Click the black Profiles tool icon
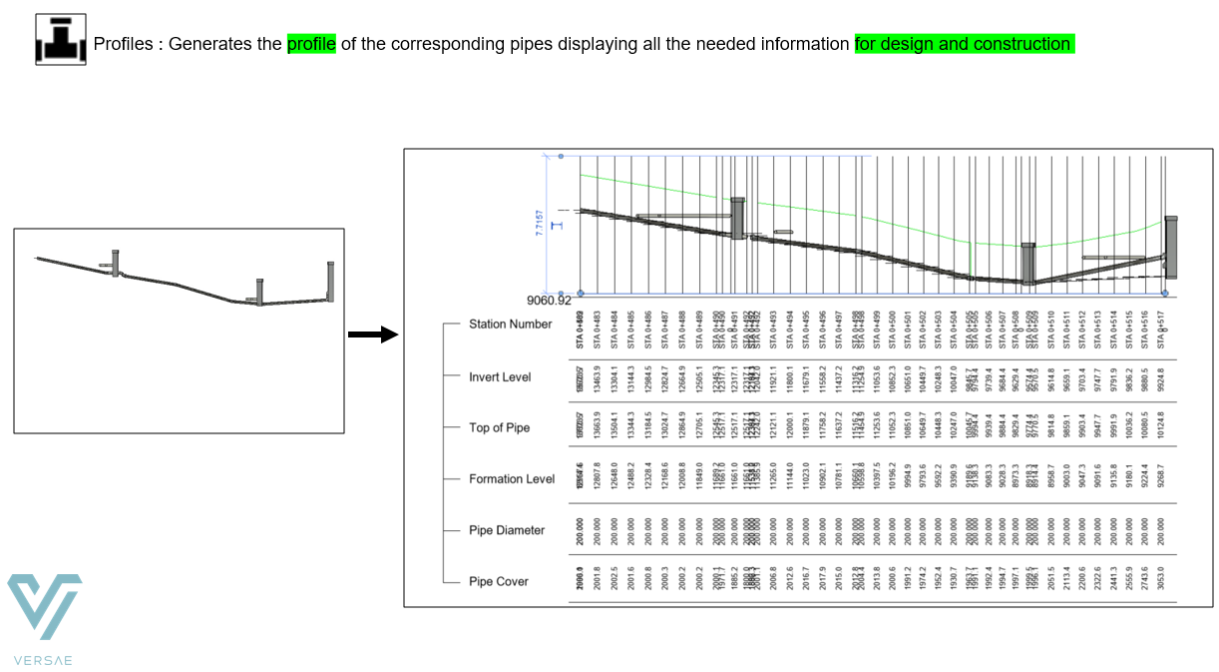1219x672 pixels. pyautogui.click(x=60, y=39)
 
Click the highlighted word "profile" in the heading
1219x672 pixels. pyautogui.click(x=311, y=44)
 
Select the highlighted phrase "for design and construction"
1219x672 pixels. pyautogui.click(x=964, y=44)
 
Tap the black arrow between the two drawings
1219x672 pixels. pyautogui.click(x=373, y=334)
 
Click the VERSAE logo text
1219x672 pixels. pyautogui.click(x=44, y=659)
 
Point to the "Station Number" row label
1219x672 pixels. pyautogui.click(x=510, y=324)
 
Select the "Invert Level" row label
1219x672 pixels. pyautogui.click(x=500, y=377)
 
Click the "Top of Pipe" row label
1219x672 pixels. pyautogui.click(x=499, y=427)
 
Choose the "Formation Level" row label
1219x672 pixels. pyautogui.click(x=512, y=479)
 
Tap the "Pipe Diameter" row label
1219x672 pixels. pyautogui.click(x=507, y=530)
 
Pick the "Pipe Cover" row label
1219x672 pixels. pyautogui.click(x=498, y=581)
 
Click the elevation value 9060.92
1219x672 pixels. pyautogui.click(x=549, y=300)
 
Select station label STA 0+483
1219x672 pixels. pyautogui.click(x=597, y=330)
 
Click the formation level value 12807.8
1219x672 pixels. pyautogui.click(x=597, y=479)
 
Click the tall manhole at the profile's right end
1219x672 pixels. pyautogui.click(x=1171, y=248)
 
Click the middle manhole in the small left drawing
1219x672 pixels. pyautogui.click(x=259, y=292)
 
